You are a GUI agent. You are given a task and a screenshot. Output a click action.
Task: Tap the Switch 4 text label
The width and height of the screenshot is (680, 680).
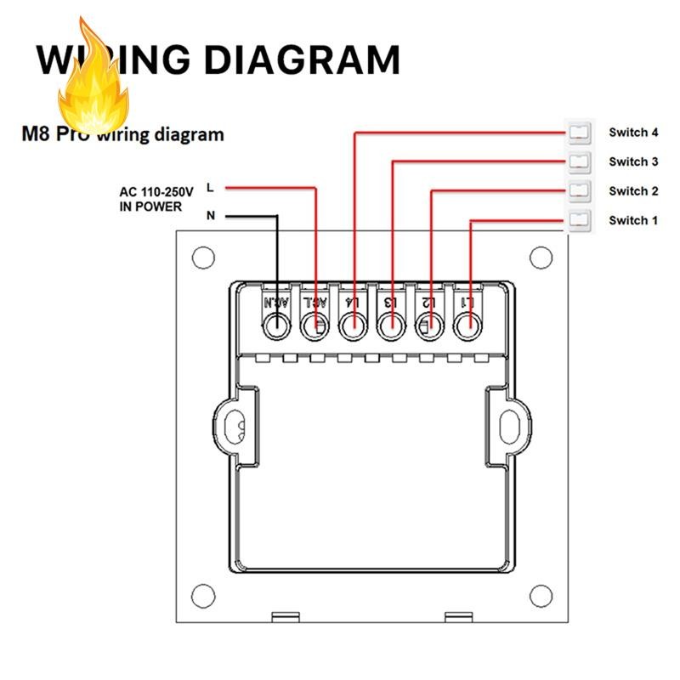pos(633,132)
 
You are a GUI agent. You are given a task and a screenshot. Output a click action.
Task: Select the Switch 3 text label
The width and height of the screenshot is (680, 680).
pos(633,161)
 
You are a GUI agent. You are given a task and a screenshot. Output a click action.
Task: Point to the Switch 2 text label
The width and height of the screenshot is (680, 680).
pos(633,191)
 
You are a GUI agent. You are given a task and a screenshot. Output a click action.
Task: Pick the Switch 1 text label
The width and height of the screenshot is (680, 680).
pos(633,221)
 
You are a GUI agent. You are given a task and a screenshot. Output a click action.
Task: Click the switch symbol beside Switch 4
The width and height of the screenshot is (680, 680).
pos(579,132)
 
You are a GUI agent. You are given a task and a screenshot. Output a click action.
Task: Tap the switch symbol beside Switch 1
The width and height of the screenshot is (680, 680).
pos(579,220)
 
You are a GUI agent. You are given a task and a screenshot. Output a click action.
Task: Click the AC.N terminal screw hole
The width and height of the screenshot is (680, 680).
pos(277,325)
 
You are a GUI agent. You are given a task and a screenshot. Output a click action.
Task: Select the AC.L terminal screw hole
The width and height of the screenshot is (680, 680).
pos(315,325)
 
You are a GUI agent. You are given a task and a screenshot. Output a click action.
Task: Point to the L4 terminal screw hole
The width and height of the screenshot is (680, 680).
pos(352,325)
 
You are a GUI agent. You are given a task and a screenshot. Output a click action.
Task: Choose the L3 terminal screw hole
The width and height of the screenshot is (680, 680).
pos(390,325)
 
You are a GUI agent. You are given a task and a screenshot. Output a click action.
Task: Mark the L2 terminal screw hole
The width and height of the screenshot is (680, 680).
pos(429,325)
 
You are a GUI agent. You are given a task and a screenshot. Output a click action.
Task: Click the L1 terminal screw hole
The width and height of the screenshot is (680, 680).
pos(467,325)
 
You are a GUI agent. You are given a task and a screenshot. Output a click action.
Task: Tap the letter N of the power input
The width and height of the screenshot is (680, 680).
pos(211,216)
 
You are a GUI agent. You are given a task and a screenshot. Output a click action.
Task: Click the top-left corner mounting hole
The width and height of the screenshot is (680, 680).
pos(202,256)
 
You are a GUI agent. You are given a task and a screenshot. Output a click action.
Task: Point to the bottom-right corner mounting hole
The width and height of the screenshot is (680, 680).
pos(541,592)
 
